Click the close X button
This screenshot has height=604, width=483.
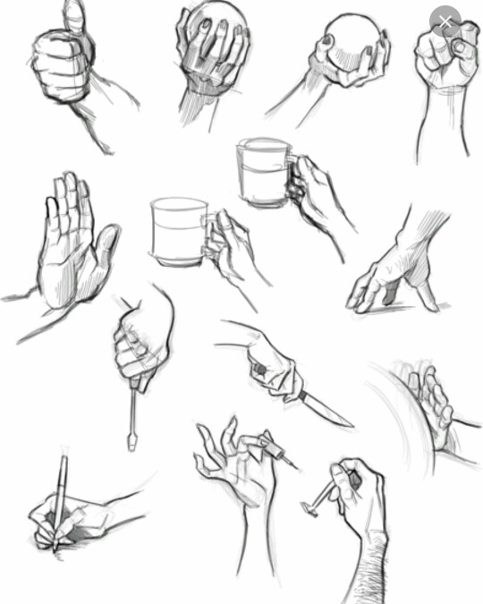point(445,21)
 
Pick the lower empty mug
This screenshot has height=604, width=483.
point(178,230)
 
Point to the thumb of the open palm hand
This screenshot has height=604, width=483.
point(105,251)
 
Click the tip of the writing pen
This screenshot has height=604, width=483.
point(53,548)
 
